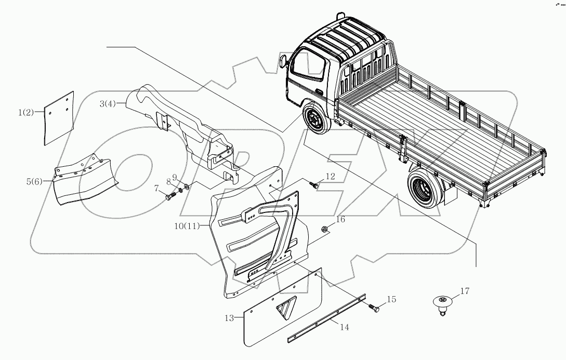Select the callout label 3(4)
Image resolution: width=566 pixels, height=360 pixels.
point(108,104)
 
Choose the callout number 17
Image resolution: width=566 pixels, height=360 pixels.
point(464,291)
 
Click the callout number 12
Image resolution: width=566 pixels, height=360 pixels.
point(331,177)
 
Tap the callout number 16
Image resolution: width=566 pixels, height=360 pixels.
point(340,220)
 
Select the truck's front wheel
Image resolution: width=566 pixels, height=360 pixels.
point(314,123)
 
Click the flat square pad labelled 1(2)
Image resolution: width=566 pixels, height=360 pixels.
point(58,117)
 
